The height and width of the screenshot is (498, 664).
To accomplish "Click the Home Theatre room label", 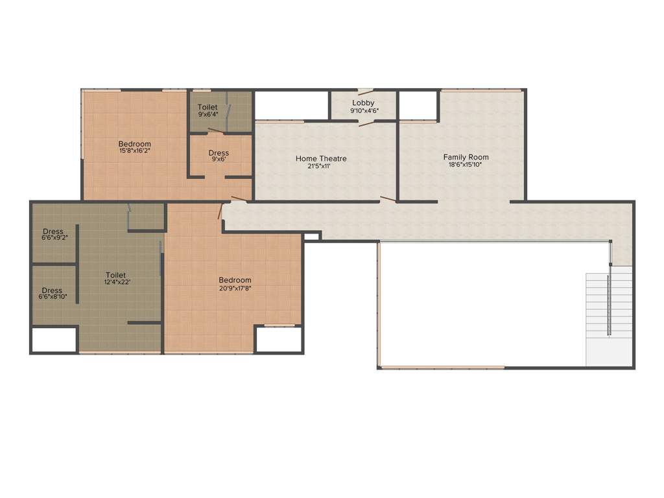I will [x=321, y=158].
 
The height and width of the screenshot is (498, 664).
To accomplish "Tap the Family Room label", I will [x=466, y=157].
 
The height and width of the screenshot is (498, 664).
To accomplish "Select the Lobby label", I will [x=363, y=103].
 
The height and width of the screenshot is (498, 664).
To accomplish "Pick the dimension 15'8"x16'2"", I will [x=135, y=151].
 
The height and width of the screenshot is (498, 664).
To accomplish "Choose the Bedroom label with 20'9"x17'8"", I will [x=235, y=280].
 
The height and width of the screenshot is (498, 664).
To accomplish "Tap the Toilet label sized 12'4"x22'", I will [x=116, y=275].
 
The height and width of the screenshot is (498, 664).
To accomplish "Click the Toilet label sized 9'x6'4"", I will [x=207, y=107].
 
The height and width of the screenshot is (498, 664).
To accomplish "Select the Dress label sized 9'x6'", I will [x=219, y=153].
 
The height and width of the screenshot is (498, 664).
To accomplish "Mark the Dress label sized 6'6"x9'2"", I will [x=53, y=231].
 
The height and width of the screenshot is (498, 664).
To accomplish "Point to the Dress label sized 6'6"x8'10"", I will [x=52, y=290].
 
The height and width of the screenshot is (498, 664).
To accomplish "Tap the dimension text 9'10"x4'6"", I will [x=364, y=111].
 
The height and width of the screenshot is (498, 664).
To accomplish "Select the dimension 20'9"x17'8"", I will [x=235, y=288].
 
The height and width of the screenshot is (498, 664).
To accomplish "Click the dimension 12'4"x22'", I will [x=116, y=283].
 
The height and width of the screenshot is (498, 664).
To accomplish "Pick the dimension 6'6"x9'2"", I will [x=54, y=238].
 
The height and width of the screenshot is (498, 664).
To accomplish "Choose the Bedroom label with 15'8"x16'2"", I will [x=134, y=144].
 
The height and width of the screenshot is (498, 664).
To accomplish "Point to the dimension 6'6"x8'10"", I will [x=53, y=297].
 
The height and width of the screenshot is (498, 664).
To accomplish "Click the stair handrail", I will [x=609, y=305].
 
